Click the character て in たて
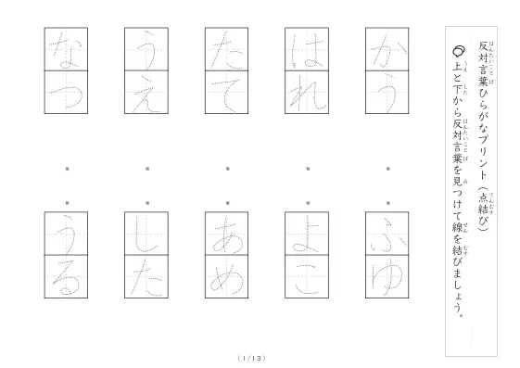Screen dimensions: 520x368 [x=226, y=95]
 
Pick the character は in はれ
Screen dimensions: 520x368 [x=307, y=50]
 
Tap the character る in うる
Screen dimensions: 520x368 [x=67, y=277]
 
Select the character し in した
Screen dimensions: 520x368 [x=146, y=235]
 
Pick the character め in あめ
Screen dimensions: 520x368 [x=226, y=279]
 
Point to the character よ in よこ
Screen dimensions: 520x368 [x=306, y=235]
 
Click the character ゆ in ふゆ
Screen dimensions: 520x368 [x=387, y=278]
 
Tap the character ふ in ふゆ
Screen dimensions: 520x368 [x=387, y=235]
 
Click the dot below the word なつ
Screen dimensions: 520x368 [x=68, y=169]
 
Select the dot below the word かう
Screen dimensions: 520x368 [x=388, y=169]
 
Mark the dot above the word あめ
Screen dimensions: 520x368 [x=228, y=203]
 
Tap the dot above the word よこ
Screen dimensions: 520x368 [x=308, y=203]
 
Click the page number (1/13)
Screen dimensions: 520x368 [x=252, y=358]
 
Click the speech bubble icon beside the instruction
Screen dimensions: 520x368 [x=459, y=51]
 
